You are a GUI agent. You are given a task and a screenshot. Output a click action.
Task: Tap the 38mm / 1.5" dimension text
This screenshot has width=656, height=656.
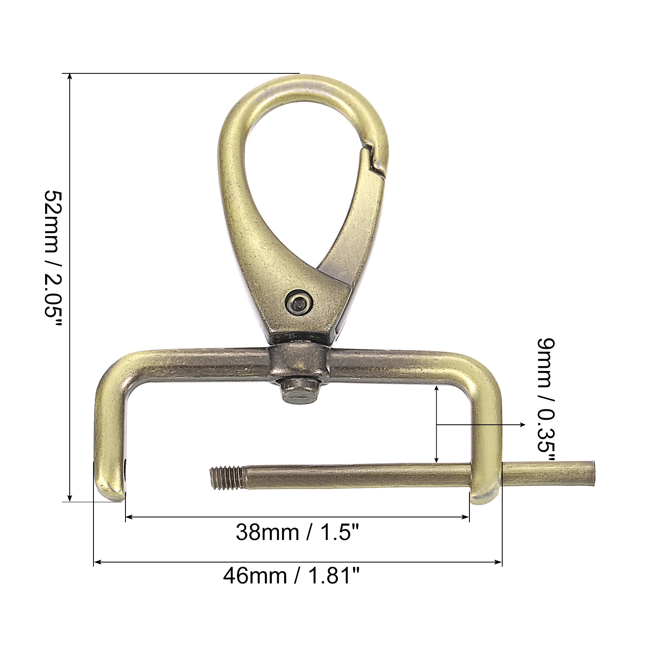point(298,533)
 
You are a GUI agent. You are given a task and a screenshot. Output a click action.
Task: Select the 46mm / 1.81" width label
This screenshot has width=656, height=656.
point(292,576)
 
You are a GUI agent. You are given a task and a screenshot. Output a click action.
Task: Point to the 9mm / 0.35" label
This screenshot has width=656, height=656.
point(547,400)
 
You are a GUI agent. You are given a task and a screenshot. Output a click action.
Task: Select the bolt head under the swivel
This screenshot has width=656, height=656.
point(300,392)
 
